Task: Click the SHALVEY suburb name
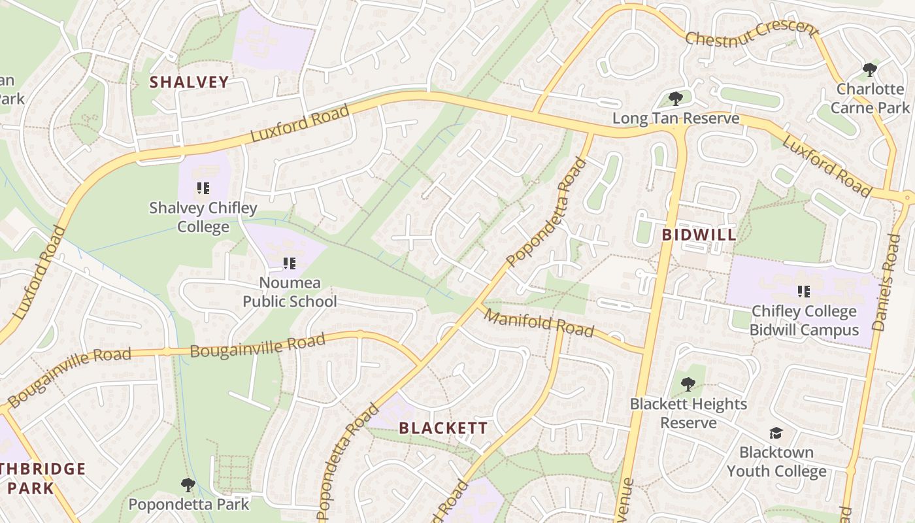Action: [x=189, y=82]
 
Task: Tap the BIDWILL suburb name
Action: [x=699, y=235]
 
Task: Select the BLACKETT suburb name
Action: [x=443, y=428]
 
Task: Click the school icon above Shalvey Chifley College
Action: [x=203, y=188]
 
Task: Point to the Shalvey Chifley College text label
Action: [x=203, y=217]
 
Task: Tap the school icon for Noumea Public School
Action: [x=289, y=263]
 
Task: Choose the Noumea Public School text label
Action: [x=290, y=292]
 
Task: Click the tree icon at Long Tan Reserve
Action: [x=676, y=99]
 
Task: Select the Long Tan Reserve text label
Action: [x=676, y=118]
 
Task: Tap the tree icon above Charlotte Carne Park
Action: [x=869, y=69]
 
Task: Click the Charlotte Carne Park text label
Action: [x=870, y=98]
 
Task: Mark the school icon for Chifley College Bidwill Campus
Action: [x=803, y=292]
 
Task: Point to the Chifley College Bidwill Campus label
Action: [x=804, y=320]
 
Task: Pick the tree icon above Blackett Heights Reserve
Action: [x=688, y=384]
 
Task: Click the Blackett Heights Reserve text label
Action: [x=688, y=413]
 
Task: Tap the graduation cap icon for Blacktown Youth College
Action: [x=776, y=433]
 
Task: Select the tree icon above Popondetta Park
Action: [x=188, y=484]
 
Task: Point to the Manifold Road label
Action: [x=539, y=324]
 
